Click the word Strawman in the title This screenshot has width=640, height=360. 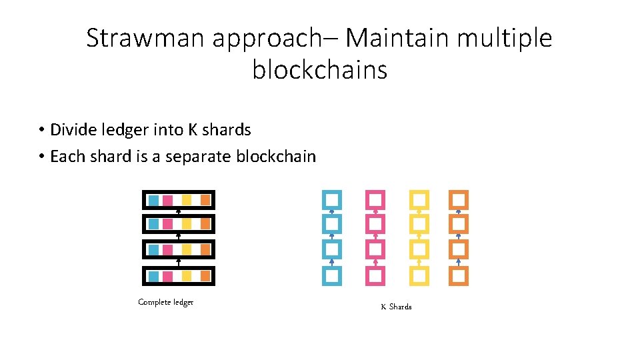pos(146,38)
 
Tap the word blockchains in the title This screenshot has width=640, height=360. pos(319,69)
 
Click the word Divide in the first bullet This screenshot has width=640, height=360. pos(71,129)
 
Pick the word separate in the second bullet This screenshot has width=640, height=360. pos(196,157)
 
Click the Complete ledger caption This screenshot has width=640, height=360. pos(165,302)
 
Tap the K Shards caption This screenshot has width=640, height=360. pos(396,307)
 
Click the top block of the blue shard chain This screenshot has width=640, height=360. pos(332,199)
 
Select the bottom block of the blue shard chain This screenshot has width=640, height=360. pos(332,275)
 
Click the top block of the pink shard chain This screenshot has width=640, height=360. pos(375,199)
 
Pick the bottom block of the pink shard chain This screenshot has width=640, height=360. pos(375,275)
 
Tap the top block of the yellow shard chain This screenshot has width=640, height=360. pos(419,199)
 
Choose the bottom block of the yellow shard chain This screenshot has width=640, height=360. pos(419,275)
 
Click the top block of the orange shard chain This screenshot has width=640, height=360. pos(459,199)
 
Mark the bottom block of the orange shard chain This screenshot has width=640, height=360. pos(459,275)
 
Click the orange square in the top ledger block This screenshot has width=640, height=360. pos(205,199)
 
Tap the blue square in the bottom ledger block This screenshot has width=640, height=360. pos(153,275)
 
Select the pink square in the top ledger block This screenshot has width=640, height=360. pos(168,199)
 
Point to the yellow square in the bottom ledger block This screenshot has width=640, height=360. pos(187,275)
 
